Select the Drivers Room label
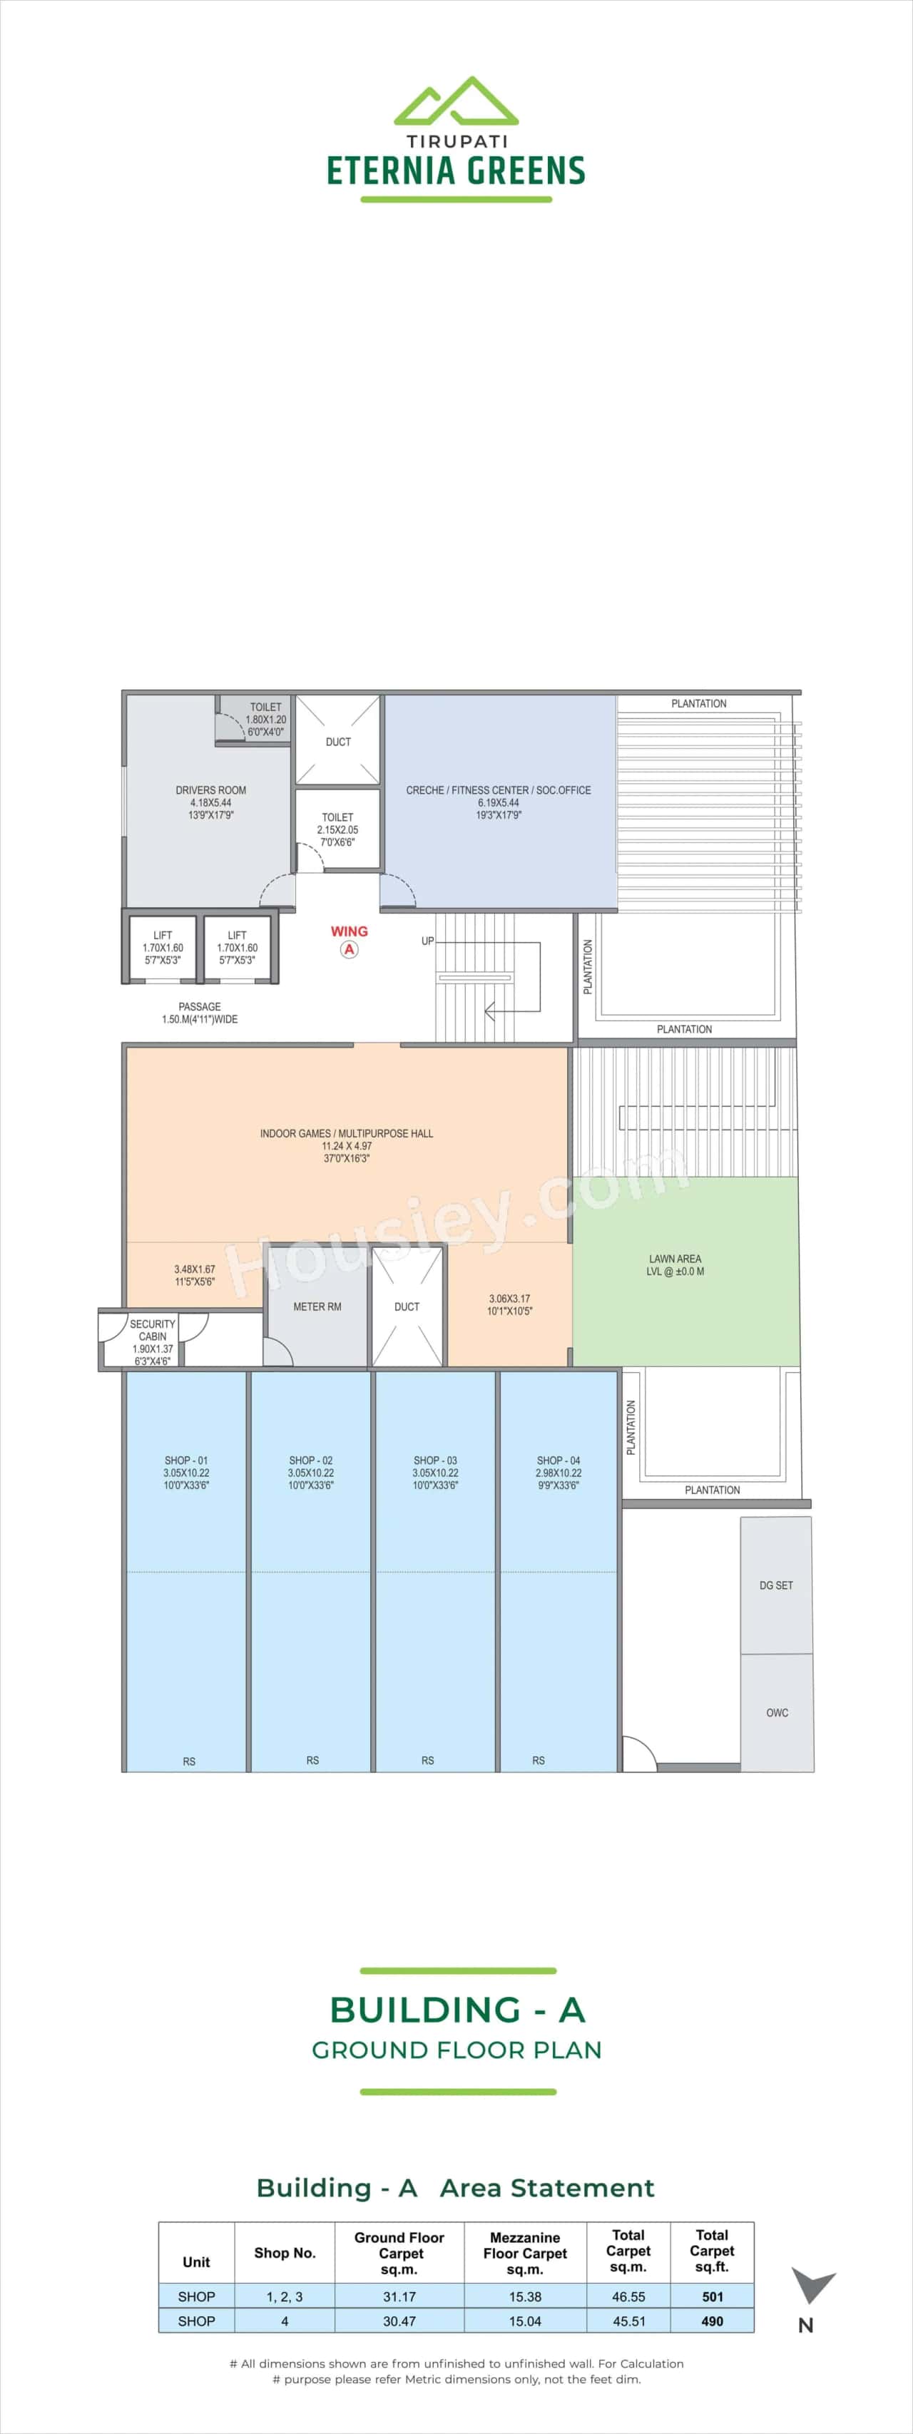(210, 790)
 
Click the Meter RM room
(317, 1307)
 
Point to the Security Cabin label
(152, 1330)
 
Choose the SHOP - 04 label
(558, 1460)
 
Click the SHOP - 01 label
(186, 1460)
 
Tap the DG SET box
(776, 1585)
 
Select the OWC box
(777, 1712)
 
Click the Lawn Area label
(675, 1259)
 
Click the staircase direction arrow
(489, 1011)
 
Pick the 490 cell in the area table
(712, 2321)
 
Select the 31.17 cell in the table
(399, 2296)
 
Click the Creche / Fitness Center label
(498, 790)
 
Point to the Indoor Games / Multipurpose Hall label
(346, 1133)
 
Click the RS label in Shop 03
(428, 1760)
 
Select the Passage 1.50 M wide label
(200, 1013)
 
